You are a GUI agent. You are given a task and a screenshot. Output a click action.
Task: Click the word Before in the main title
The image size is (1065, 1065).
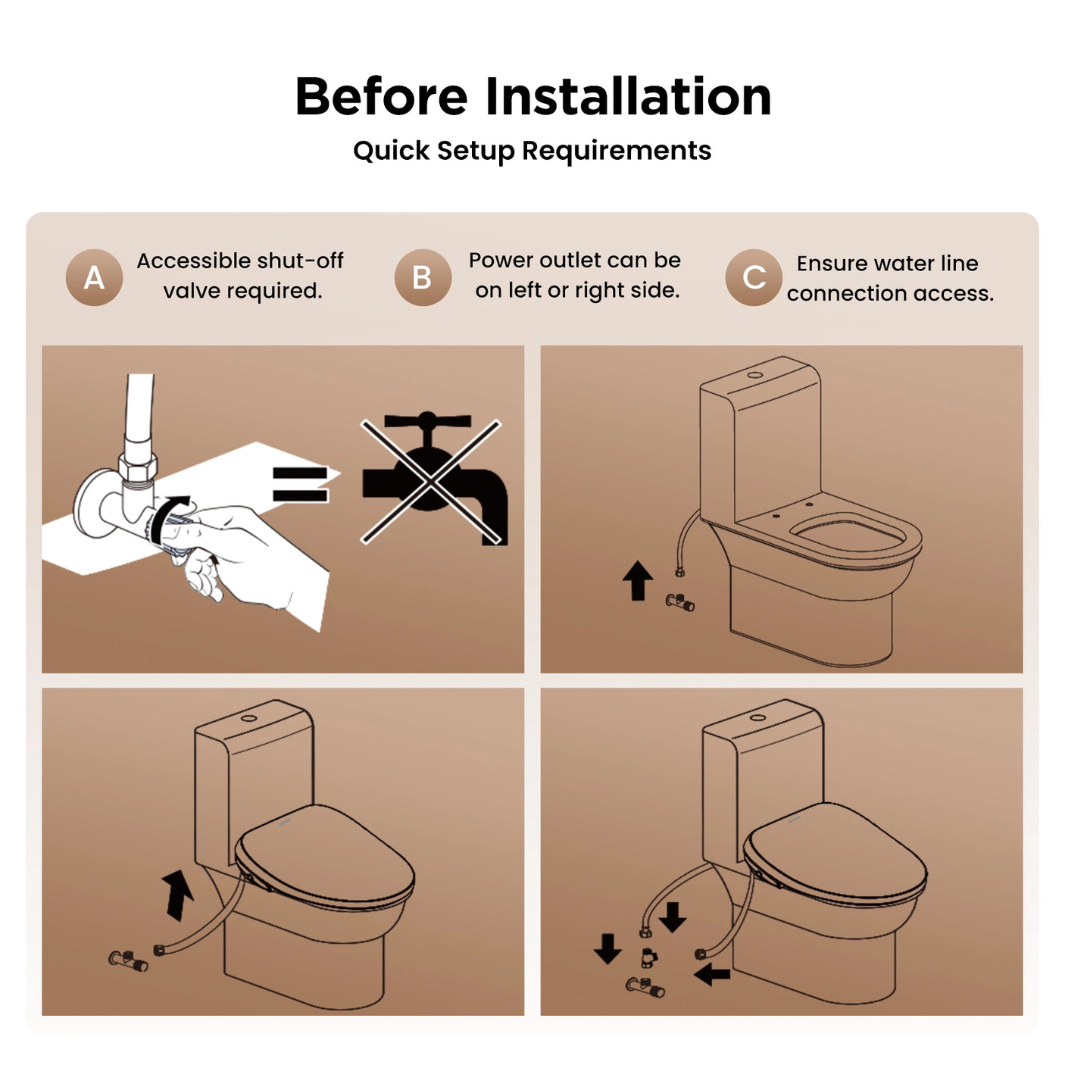(x=381, y=97)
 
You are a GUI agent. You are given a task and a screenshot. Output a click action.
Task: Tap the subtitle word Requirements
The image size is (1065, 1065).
(x=616, y=151)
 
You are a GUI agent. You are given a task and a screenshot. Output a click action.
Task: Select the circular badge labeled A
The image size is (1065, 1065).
(x=94, y=277)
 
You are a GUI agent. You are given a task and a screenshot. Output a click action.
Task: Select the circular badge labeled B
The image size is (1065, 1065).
(x=423, y=277)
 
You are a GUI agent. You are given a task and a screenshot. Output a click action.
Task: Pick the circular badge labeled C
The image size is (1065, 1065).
(x=754, y=277)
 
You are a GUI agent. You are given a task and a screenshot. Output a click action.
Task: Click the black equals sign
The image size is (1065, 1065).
(x=300, y=485)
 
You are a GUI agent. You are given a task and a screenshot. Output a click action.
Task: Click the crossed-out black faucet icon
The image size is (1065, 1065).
(x=432, y=482)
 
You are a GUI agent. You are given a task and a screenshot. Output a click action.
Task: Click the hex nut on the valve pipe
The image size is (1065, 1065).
(x=138, y=467)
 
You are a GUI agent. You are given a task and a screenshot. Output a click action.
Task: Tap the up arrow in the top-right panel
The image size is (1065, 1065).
(x=638, y=580)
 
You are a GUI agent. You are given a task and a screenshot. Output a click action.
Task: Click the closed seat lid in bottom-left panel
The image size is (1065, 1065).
(x=326, y=856)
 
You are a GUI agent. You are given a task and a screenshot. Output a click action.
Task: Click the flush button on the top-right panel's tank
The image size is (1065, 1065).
(x=755, y=375)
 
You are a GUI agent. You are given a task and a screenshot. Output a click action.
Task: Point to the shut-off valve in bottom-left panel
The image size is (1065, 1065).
(x=127, y=960)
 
